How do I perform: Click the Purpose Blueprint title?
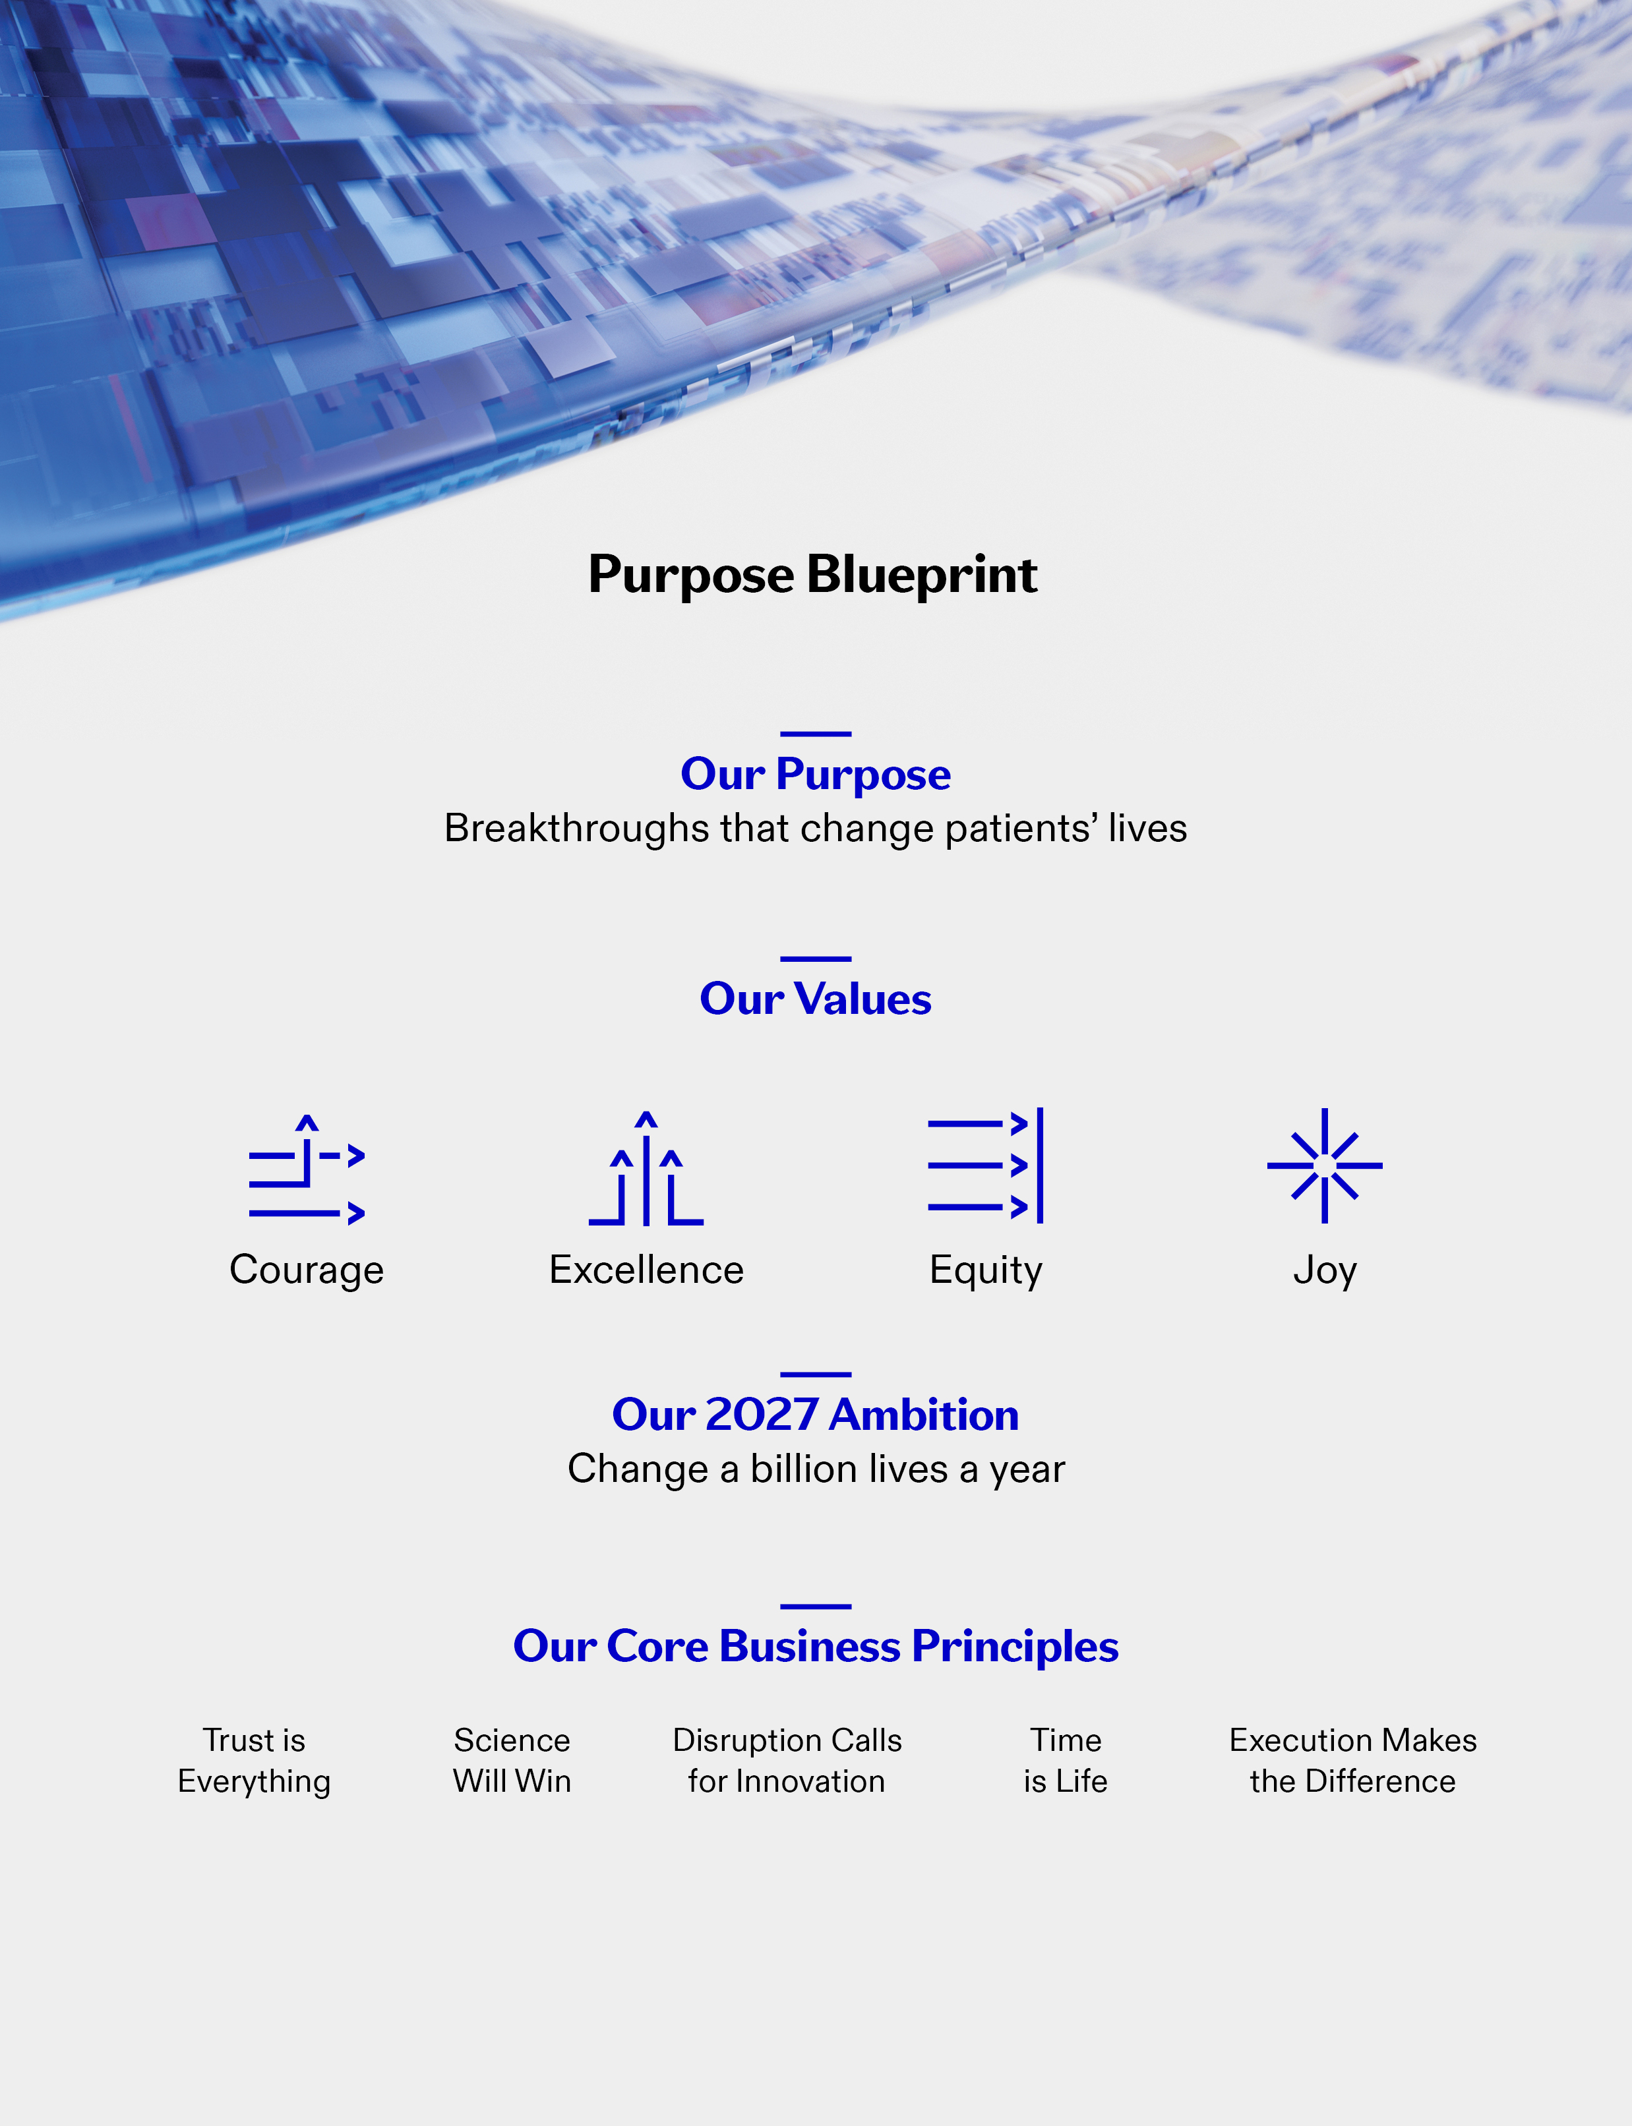(813, 575)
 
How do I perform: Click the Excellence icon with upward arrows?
(646, 1167)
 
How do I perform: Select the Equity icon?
(986, 1166)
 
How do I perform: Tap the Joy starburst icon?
(1325, 1166)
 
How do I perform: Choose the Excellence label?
(646, 1270)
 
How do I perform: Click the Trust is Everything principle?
(255, 1761)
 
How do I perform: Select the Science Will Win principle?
(512, 1761)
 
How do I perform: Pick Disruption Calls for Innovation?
(787, 1761)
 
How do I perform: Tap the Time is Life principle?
(1066, 1761)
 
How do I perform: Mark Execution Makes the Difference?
(1353, 1761)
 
